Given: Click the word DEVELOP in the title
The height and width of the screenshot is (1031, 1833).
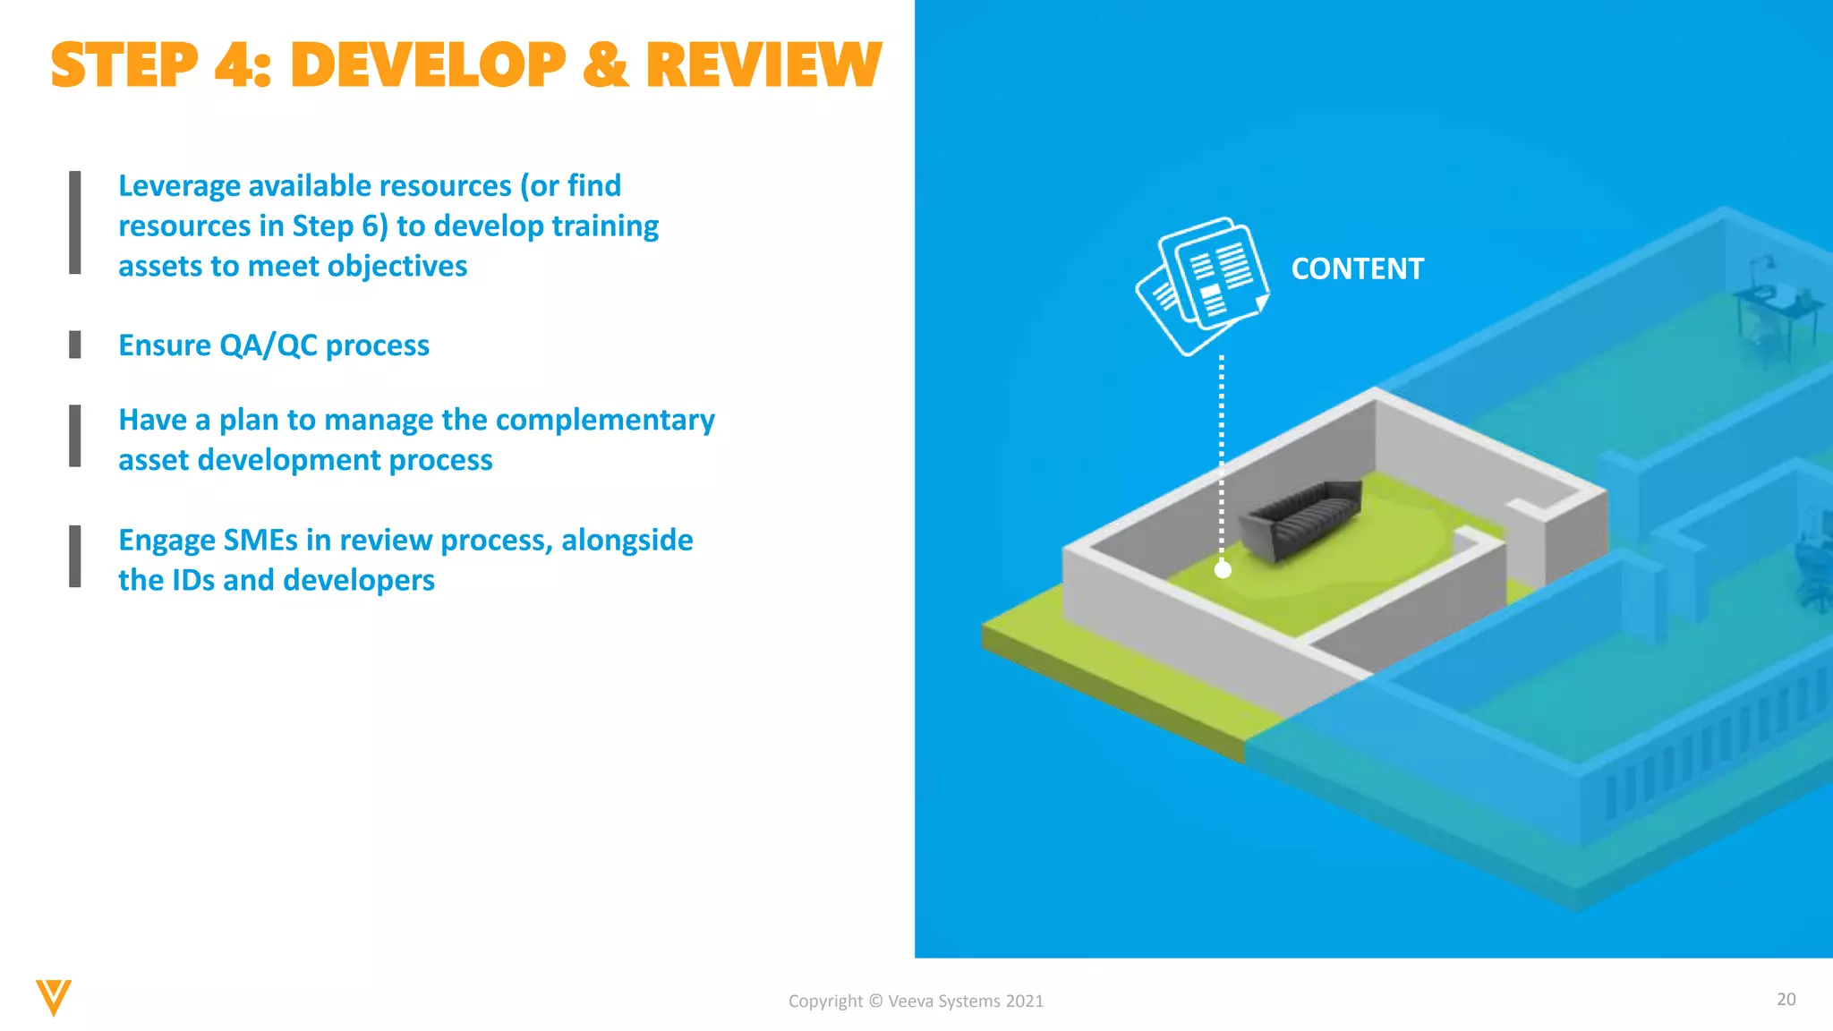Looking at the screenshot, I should tap(428, 65).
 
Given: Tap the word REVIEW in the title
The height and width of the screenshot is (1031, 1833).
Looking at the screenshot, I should tap(763, 65).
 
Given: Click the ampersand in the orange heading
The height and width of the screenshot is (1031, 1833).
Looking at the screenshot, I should tap(605, 65).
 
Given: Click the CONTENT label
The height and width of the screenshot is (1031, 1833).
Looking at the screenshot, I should tap(1357, 268).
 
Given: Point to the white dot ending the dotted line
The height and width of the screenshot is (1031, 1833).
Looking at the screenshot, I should tap(1223, 569).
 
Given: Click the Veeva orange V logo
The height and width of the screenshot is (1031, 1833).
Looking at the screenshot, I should tap(53, 997).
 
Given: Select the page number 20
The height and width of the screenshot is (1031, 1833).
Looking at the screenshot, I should tap(1786, 999).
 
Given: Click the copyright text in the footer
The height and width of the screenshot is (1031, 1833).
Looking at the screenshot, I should tap(916, 1001).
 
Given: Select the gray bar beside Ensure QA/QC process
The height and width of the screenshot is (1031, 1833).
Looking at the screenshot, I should tap(75, 345).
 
